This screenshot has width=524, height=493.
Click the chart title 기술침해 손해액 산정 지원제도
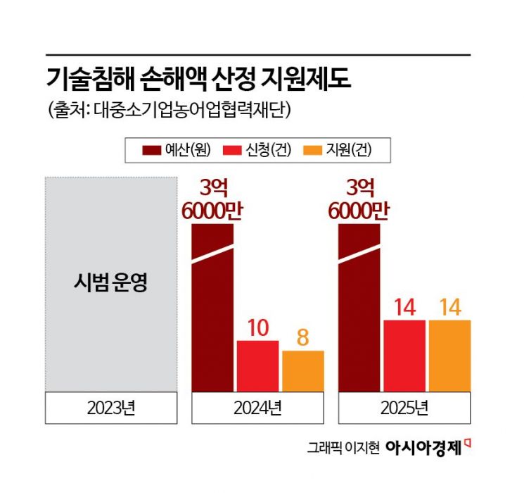[x=198, y=78]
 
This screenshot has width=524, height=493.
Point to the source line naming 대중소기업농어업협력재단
[x=167, y=111]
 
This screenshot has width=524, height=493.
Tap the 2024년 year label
[x=258, y=406]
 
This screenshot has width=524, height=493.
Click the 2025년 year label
[x=404, y=406]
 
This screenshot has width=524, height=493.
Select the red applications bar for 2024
[x=257, y=366]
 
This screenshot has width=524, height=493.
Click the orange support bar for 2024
[x=303, y=371]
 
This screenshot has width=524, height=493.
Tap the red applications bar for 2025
[x=404, y=356]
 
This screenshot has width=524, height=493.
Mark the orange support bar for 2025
[x=449, y=356]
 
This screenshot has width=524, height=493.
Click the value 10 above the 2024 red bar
[x=257, y=327]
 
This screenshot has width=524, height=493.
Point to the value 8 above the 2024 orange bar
[x=303, y=337]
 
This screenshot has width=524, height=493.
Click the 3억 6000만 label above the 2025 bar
[x=359, y=199]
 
